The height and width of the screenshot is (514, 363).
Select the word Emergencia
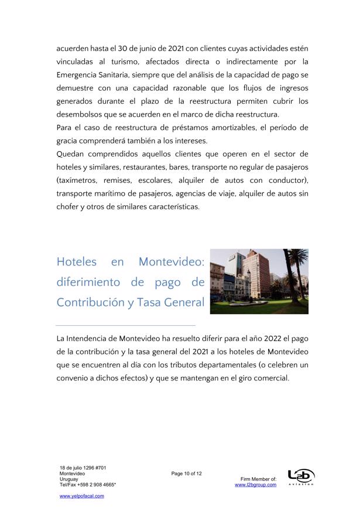79,74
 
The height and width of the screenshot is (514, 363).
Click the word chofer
68,206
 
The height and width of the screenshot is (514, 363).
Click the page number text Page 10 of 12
186,474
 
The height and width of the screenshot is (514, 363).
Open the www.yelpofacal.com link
81,496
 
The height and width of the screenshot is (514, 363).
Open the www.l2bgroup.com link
255,485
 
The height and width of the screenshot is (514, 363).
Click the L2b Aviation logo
301,476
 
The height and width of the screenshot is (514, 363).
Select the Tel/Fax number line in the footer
88,485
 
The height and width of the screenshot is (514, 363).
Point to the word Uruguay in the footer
69,479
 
